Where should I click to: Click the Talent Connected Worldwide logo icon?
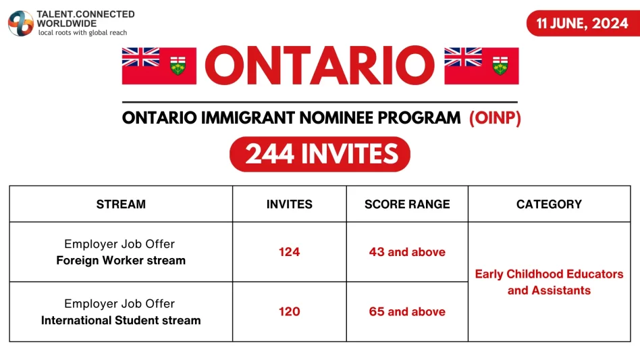20,23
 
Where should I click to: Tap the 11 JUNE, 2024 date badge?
582,24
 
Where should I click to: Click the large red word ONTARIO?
319,66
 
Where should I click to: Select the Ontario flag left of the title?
159,66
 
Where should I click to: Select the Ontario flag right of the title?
481,66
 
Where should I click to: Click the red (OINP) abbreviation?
495,118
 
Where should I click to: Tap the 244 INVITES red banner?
320,155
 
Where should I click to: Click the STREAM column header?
121,204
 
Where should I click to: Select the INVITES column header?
289,204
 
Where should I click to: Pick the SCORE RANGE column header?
407,204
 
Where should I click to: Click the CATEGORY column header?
549,204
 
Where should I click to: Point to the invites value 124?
289,252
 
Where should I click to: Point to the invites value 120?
289,311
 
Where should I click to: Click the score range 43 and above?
407,252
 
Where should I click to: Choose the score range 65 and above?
407,311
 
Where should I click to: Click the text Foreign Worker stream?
121,260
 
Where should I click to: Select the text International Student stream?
121,320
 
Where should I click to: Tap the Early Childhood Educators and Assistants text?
549,282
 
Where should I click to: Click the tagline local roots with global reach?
82,32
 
